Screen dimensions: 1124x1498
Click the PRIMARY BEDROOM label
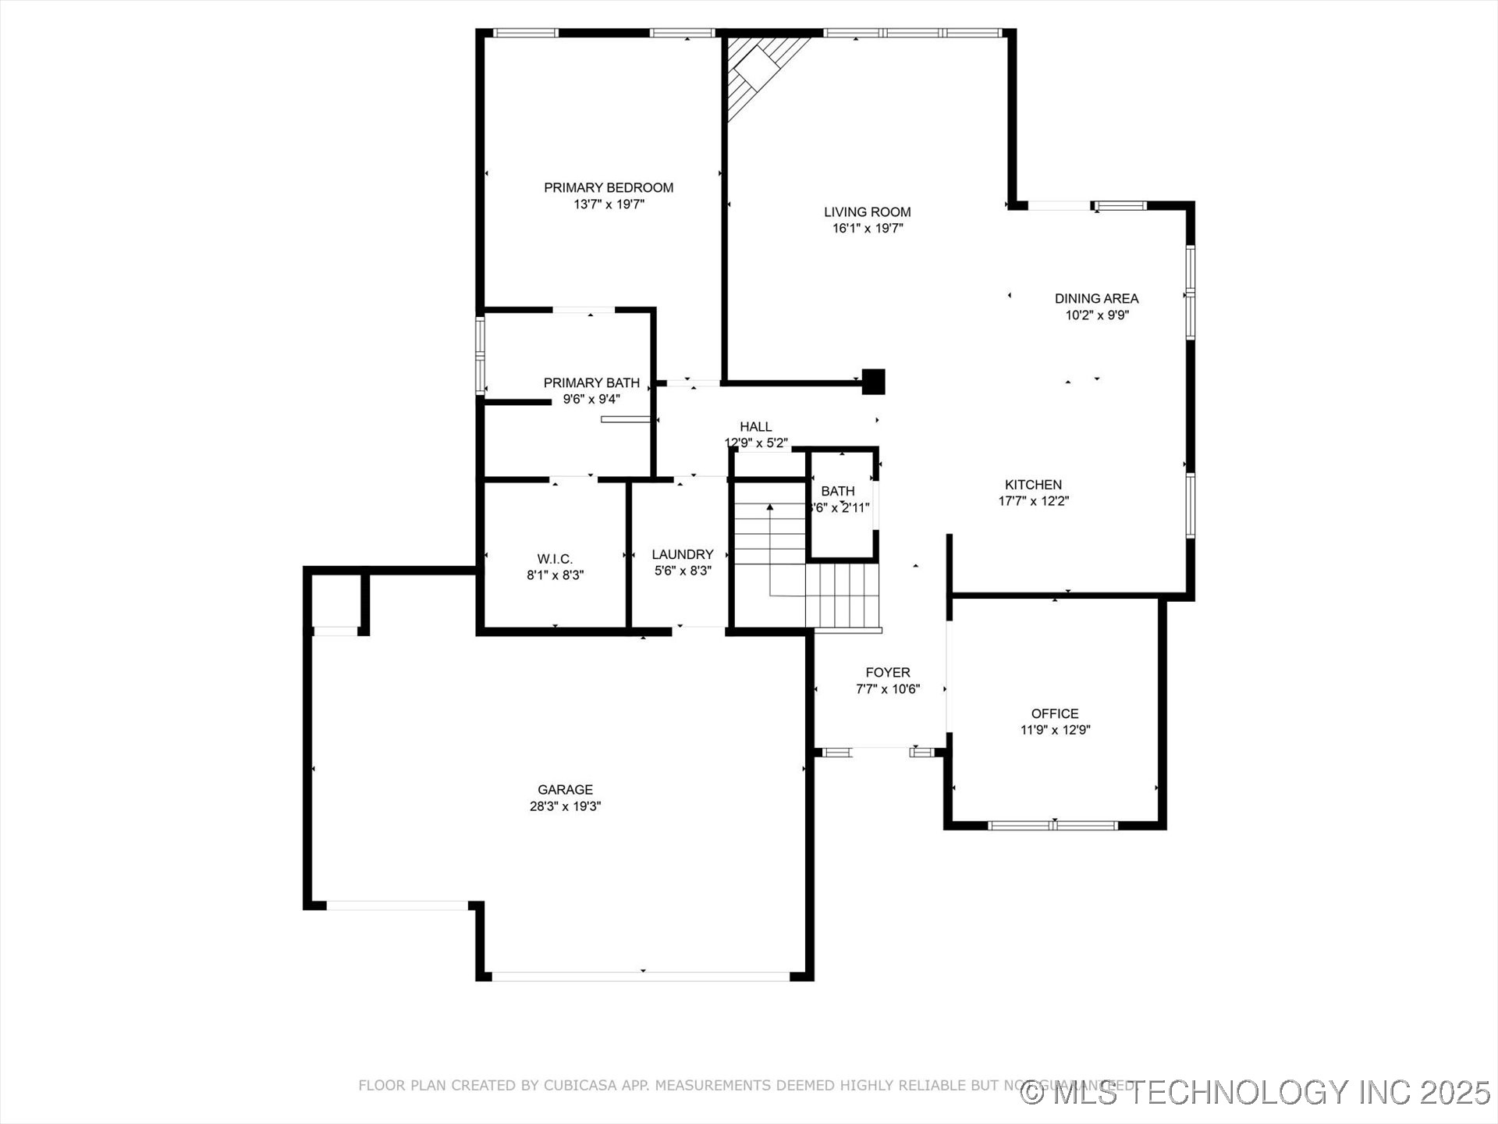[609, 187]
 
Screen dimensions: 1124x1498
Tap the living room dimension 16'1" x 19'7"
[868, 229]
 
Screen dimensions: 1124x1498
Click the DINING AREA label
[1096, 298]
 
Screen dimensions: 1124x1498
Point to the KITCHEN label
[1033, 485]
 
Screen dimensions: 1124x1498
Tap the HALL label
[755, 426]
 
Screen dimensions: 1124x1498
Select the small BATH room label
[837, 491]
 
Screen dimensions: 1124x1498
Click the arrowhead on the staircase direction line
[770, 507]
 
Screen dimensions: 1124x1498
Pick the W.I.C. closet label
[555, 559]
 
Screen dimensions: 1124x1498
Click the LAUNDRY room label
[683, 554]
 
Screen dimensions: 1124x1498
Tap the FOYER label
[888, 672]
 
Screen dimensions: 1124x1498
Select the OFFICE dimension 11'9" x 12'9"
[1055, 731]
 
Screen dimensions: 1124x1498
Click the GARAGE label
[565, 789]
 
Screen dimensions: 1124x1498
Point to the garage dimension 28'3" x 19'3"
[565, 806]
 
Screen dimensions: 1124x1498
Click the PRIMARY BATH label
[591, 382]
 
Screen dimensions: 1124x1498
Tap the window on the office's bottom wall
[1053, 824]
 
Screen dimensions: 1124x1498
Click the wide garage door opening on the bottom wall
[641, 976]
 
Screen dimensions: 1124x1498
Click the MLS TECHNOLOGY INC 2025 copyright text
[1256, 1092]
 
